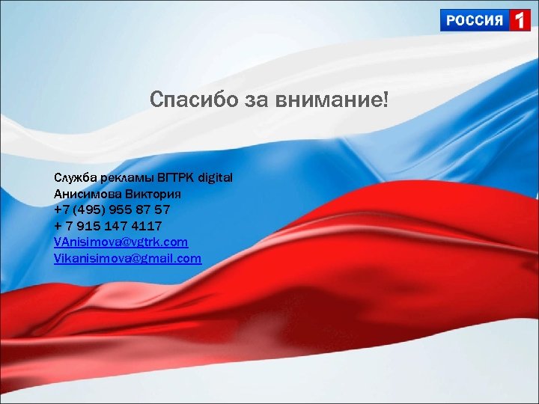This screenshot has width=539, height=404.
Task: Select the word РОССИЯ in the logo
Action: tap(475, 20)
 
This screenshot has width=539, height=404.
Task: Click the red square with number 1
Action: tap(519, 20)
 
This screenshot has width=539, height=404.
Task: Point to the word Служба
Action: tap(73, 177)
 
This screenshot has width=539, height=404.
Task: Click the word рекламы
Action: tap(124, 177)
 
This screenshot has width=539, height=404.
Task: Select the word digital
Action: tap(216, 177)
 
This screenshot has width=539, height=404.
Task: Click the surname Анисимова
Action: tap(82, 193)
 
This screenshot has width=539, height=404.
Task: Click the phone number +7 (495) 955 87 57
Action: tap(112, 209)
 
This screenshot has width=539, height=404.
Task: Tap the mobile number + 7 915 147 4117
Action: tap(108, 226)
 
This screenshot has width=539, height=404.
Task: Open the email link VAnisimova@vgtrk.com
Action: tap(121, 242)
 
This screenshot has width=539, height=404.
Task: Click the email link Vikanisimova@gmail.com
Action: tap(128, 259)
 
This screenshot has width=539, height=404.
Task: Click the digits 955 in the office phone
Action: tap(122, 209)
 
